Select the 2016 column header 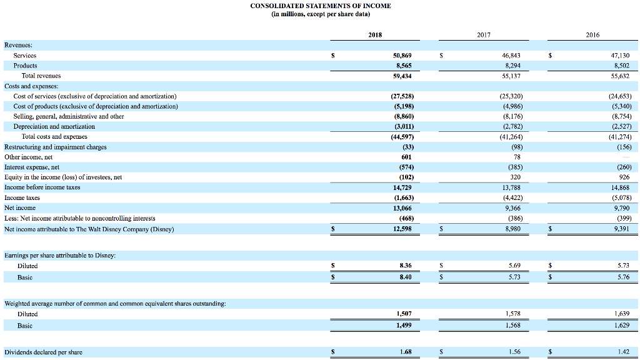coord(592,35)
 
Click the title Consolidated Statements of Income coord(320,6)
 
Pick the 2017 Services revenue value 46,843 coord(511,55)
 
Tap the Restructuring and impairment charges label coord(55,147)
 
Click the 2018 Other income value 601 coord(406,157)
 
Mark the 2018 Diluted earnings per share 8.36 coord(405,266)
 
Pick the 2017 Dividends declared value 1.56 coord(514,352)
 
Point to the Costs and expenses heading coord(31,86)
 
